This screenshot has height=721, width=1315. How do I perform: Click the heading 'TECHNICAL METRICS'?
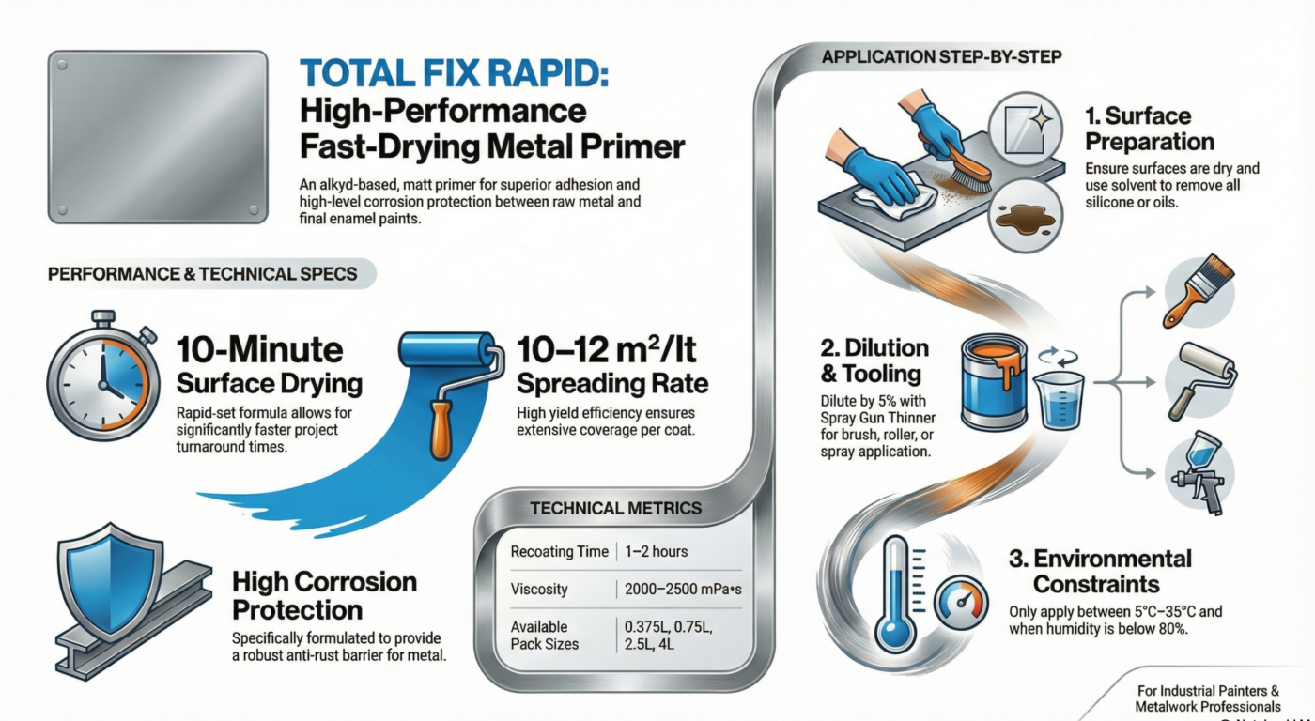(x=615, y=508)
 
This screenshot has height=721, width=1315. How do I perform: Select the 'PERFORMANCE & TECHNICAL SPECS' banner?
(x=203, y=275)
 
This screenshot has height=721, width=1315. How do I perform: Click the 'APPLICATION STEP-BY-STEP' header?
(x=941, y=57)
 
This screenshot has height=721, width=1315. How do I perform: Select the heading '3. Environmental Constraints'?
(x=1099, y=572)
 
